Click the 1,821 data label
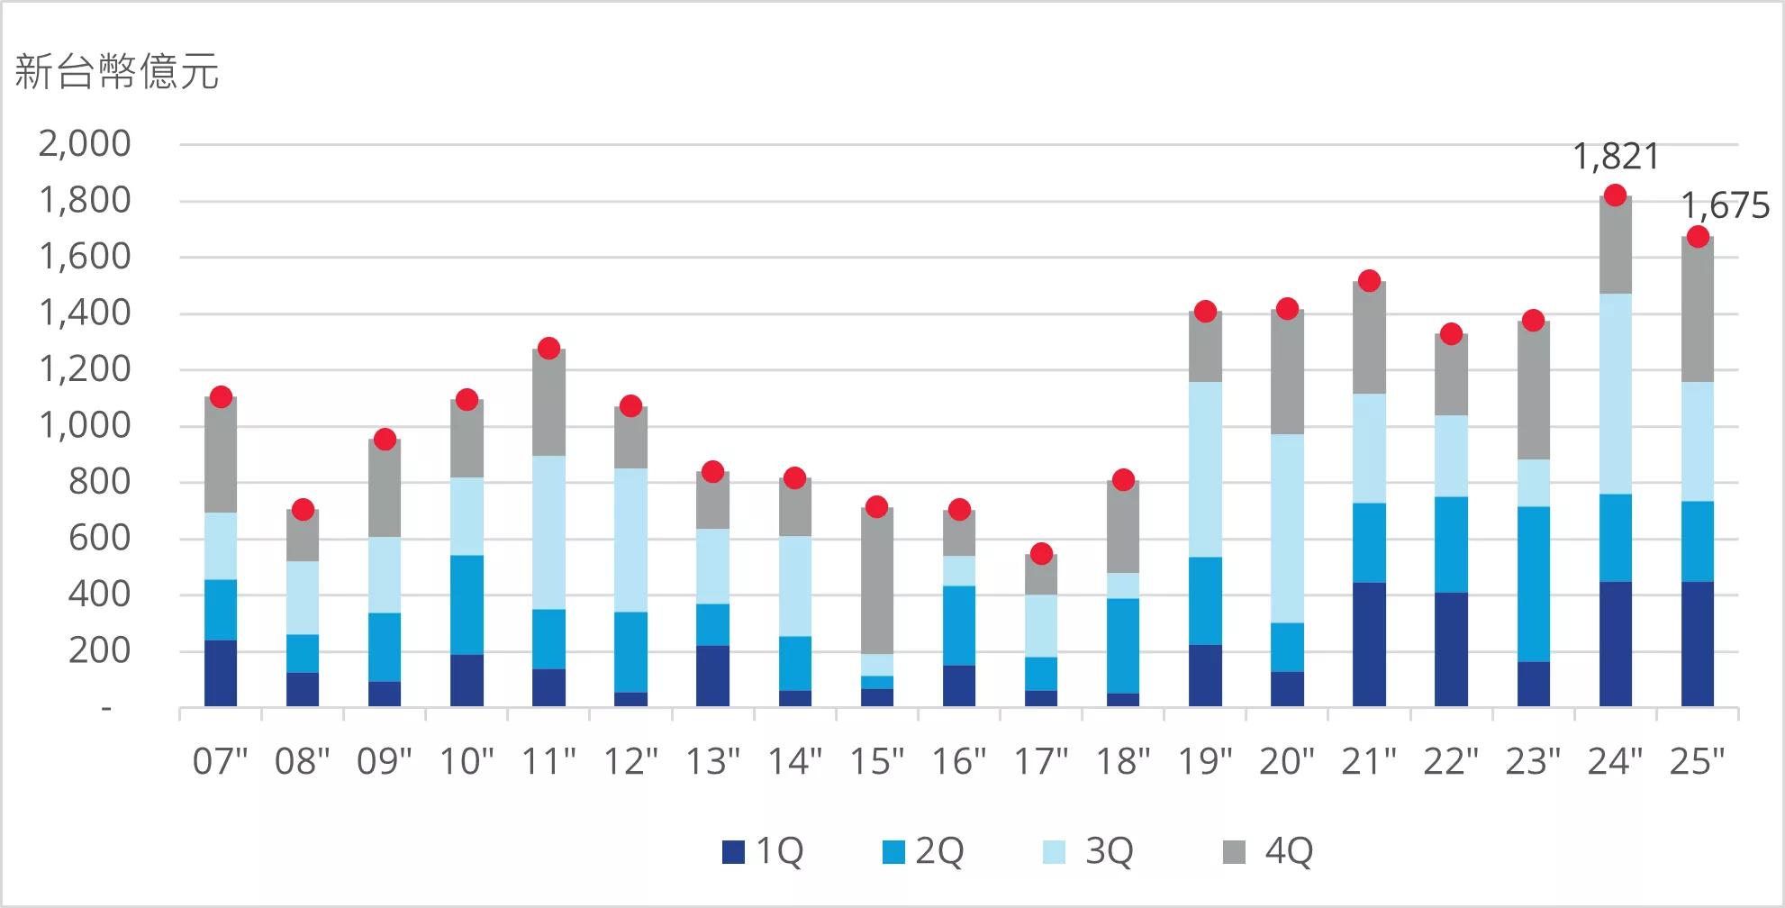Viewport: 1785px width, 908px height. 1616,157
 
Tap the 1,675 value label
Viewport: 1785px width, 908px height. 1725,206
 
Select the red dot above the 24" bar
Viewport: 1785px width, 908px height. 1616,195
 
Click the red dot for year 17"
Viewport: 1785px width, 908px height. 1041,554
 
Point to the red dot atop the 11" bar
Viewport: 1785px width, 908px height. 548,349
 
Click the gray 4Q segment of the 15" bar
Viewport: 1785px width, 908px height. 877,581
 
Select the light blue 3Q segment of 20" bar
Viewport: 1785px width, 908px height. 1287,528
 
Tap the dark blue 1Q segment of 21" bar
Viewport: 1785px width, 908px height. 1369,644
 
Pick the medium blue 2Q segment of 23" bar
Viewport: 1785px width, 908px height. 1533,584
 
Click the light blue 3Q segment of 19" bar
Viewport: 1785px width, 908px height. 1205,469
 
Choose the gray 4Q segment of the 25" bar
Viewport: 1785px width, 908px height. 1698,310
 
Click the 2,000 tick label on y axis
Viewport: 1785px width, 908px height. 85,144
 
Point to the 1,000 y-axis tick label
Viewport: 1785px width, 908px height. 85,425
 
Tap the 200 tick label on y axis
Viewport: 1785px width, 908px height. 99,650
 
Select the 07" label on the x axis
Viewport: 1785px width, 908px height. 221,762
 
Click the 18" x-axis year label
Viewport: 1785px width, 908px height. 1123,762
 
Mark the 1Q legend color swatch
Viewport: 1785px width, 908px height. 733,852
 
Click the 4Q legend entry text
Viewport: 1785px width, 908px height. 1289,851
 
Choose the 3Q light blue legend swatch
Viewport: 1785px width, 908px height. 1054,852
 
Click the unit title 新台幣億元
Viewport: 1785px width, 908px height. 117,72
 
